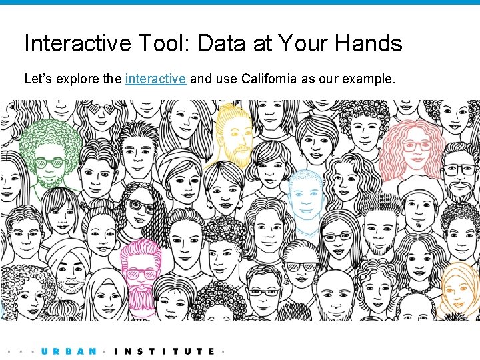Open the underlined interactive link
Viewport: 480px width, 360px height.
click(155, 79)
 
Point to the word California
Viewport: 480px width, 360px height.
click(270, 79)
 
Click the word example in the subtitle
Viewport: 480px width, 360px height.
click(367, 79)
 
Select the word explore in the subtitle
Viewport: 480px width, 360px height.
click(79, 79)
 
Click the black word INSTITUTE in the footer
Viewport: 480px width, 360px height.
click(165, 351)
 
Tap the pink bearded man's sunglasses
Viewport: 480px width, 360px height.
click(141, 274)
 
